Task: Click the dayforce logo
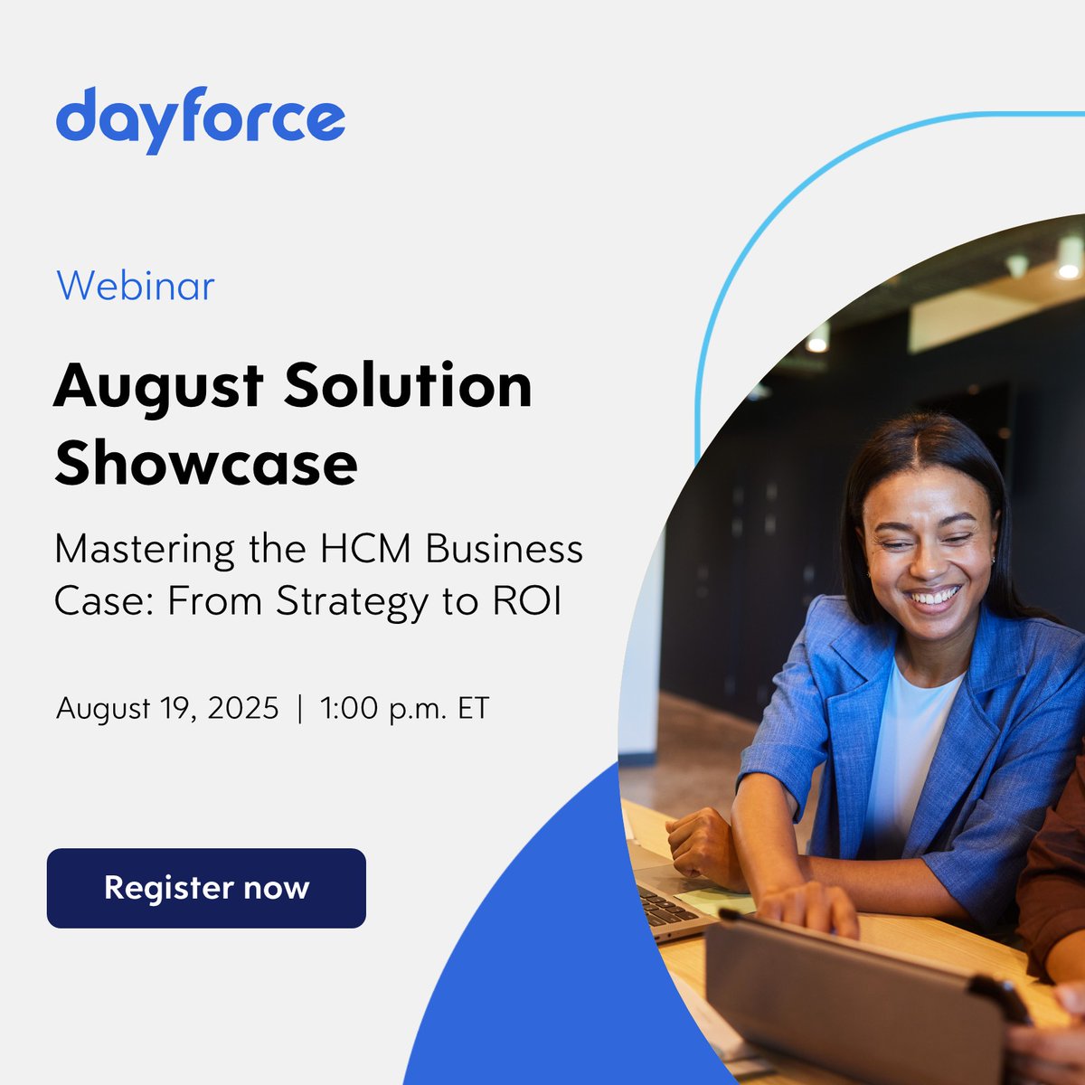[x=200, y=119]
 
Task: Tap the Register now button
[x=206, y=888]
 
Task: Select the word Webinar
[x=136, y=287]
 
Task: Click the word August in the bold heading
[x=158, y=387]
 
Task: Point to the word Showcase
[x=206, y=464]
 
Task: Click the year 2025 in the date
[x=243, y=708]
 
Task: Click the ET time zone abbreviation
[x=473, y=708]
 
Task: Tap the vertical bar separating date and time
[x=299, y=708]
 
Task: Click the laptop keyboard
[x=664, y=905]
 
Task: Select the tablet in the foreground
[x=859, y=995]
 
